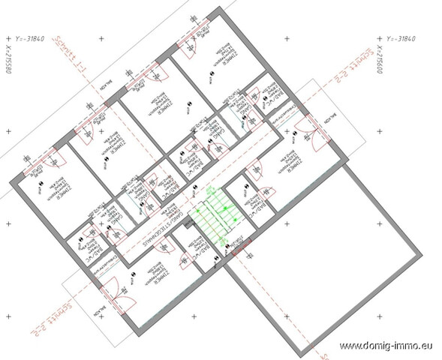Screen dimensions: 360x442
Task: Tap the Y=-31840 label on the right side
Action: tap(405, 37)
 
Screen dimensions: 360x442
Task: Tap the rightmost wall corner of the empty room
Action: tap(424, 253)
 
